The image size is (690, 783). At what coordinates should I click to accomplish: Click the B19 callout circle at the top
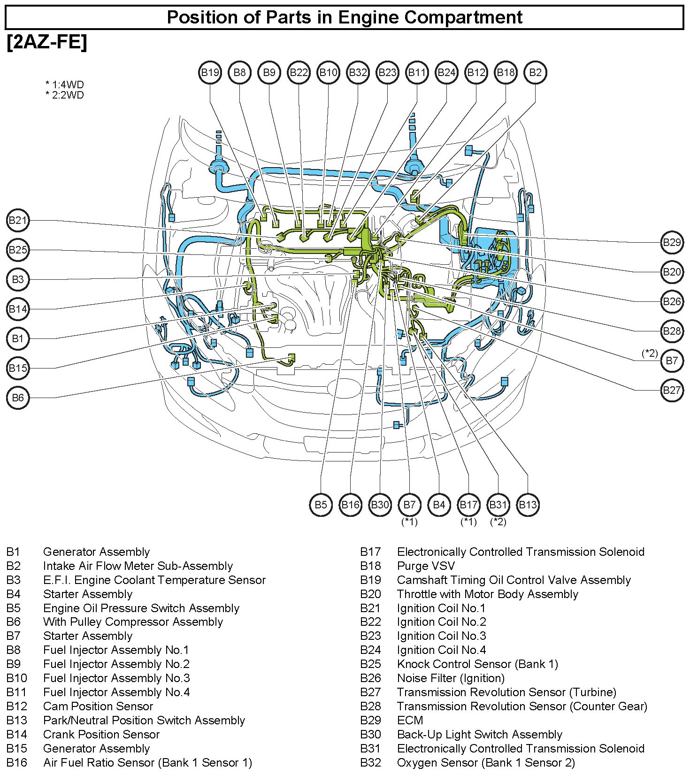210,72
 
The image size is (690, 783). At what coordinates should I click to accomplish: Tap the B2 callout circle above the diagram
535,72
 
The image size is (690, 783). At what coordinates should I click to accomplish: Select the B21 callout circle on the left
18,220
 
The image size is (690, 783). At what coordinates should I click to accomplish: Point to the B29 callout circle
671,242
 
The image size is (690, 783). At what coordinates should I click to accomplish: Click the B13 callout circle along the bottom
528,505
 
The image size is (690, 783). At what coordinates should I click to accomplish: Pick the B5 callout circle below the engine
321,505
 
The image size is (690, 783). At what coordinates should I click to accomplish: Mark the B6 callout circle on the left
18,398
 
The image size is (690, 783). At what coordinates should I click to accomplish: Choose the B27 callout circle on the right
671,390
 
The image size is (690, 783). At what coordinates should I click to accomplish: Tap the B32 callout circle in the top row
358,72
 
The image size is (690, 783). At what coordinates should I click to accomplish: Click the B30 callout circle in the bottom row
380,505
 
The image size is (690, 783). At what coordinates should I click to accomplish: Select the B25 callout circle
18,250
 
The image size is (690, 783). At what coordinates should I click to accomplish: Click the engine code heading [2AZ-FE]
47,42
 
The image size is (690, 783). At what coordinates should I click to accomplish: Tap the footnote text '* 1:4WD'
65,85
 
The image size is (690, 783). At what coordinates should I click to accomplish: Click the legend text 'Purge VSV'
426,566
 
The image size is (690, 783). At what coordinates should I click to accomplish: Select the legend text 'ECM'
410,720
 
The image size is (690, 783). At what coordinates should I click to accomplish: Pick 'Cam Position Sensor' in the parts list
98,706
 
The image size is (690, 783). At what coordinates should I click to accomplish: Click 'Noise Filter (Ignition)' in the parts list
451,678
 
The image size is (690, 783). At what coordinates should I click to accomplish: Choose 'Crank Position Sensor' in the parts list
101,734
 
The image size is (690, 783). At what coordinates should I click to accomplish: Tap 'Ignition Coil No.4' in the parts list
441,650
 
